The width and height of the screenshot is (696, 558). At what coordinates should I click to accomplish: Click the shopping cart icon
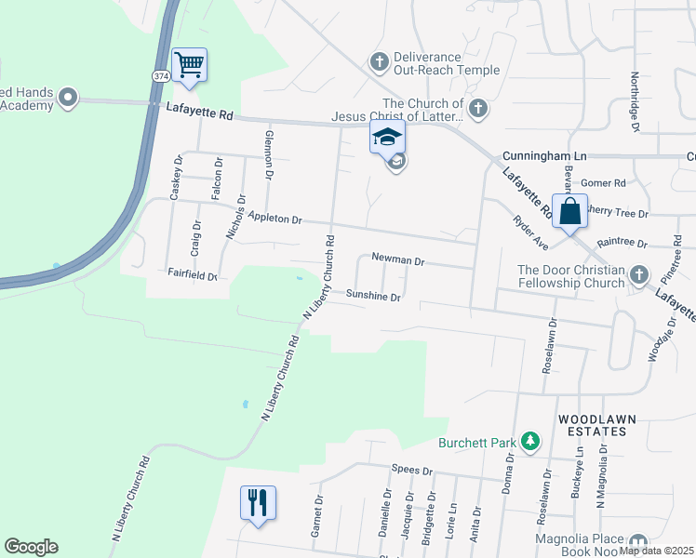coord(189,65)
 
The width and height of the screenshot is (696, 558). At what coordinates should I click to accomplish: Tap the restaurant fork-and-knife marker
coord(258,502)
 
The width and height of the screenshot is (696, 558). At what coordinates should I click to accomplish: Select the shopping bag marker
coord(569,211)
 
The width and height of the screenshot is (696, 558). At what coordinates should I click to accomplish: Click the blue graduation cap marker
coord(387,138)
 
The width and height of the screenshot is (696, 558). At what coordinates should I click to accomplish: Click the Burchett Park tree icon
coord(530,440)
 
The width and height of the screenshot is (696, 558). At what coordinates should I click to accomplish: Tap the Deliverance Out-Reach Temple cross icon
coord(379,62)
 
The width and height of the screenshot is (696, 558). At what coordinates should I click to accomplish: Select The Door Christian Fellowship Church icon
coord(638,274)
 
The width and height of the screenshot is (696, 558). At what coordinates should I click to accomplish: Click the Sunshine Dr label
coord(372,298)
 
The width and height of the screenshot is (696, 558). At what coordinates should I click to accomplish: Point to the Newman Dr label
coord(397,262)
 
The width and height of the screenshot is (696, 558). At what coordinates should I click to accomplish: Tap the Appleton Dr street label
coord(275,219)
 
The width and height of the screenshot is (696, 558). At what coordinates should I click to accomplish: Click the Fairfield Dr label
coord(192,276)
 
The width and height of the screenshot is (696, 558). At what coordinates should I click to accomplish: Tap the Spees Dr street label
coord(413,471)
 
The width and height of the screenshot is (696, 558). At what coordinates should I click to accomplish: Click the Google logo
coord(31,547)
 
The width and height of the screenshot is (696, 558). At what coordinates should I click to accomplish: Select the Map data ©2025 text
coord(657,551)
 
